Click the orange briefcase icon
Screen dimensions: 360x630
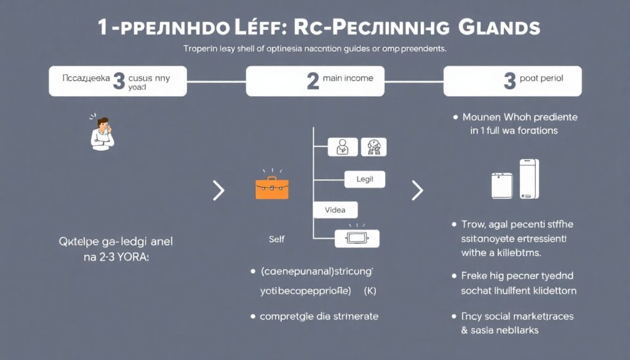(271, 188)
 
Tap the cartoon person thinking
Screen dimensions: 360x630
(102, 132)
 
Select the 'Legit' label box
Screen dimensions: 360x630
(365, 180)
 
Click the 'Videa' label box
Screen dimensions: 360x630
(335, 210)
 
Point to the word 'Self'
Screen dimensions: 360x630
(277, 239)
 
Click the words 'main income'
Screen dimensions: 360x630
(349, 79)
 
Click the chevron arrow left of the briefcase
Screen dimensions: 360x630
(218, 191)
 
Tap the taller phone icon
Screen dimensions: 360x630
(528, 179)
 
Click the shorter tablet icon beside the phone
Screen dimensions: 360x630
(502, 185)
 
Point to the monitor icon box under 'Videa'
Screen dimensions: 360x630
(357, 239)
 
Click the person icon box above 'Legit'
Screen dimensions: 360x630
(343, 146)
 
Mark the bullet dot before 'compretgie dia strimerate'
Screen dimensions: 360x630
(253, 316)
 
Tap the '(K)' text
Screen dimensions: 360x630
(370, 289)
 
